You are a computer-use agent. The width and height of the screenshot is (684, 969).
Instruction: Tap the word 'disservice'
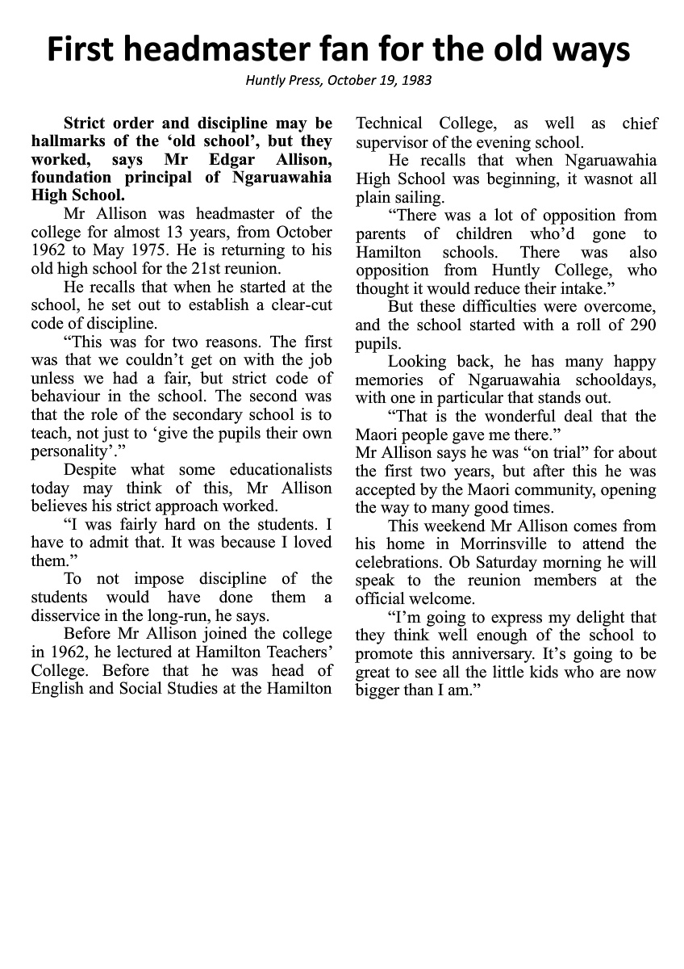(x=65, y=615)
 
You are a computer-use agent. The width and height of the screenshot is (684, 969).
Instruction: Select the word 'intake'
(x=628, y=289)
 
